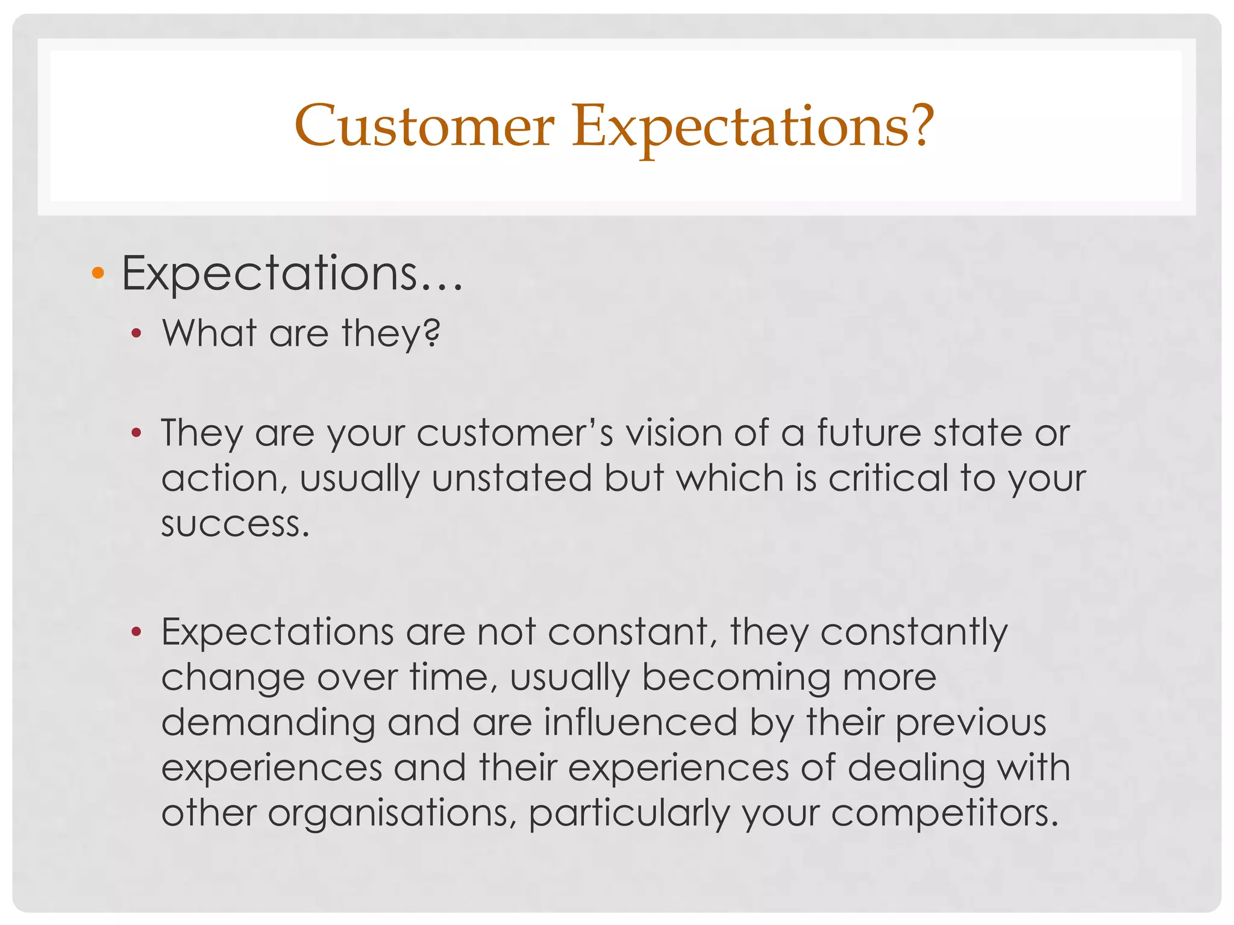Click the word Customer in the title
point(424,126)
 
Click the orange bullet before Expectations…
point(98,274)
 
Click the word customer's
point(515,433)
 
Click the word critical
point(888,478)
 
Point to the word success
point(234,524)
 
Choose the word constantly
point(913,632)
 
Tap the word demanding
point(268,723)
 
